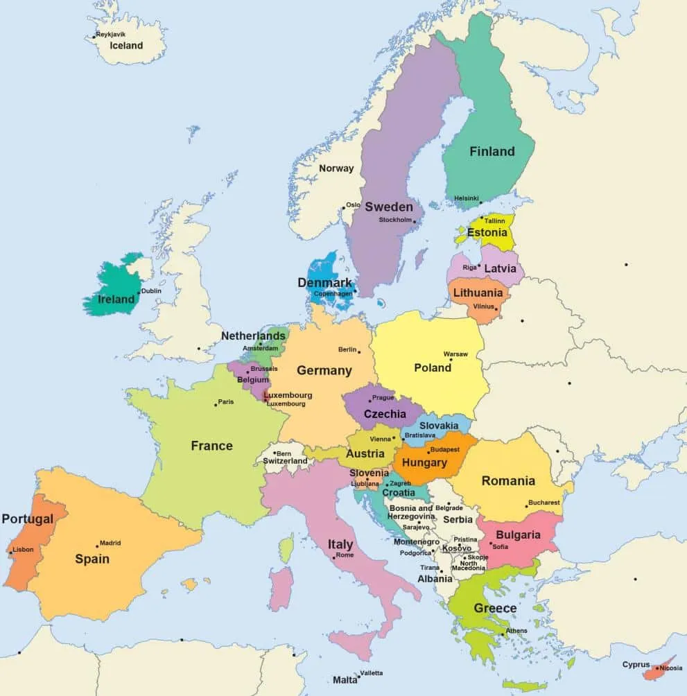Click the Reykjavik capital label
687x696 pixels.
(112, 34)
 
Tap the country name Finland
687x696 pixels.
(492, 151)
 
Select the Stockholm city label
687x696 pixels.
(395, 220)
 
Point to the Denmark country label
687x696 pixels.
(325, 283)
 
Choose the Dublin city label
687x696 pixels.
(151, 291)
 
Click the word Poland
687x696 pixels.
(433, 367)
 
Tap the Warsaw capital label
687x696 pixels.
(455, 354)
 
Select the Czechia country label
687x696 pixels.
(385, 414)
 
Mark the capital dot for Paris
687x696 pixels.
(216, 404)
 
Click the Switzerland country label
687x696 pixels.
(284, 461)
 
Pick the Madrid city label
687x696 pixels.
(110, 543)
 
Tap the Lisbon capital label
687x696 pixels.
(23, 550)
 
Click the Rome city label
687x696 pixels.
(345, 555)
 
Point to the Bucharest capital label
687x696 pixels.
(543, 503)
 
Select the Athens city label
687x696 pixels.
(516, 631)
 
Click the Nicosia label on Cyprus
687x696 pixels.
(670, 668)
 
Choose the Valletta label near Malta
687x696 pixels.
(372, 673)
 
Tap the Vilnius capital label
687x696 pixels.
(483, 306)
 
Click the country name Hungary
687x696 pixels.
(424, 462)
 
